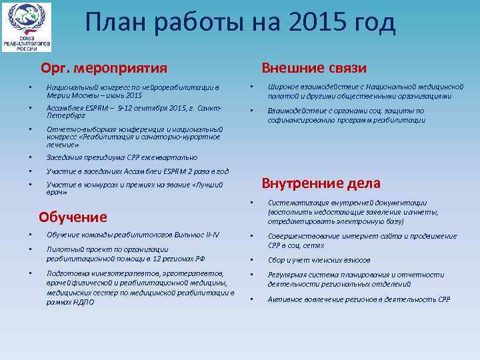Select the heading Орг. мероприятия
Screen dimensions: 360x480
point(103,68)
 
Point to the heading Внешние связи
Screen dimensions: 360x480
point(314,68)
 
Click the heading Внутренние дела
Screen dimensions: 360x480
point(321,183)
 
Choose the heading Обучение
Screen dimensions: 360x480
point(73,217)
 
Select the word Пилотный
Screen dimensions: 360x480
point(62,249)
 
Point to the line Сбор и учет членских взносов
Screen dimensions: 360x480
point(319,260)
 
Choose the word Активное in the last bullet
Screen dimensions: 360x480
point(283,299)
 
